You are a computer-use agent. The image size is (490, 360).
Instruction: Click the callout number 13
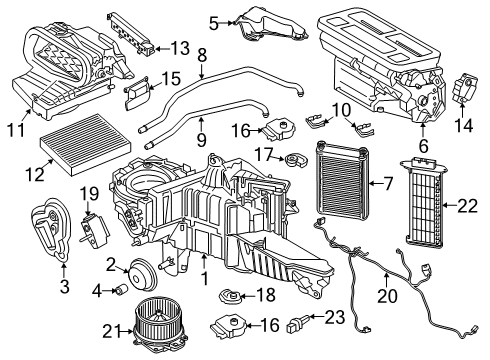[x=179, y=47]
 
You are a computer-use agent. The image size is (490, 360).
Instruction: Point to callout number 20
[x=387, y=295]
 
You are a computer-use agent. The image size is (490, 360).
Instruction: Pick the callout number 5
[x=213, y=20]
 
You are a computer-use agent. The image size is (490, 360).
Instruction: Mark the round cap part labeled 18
[x=232, y=297]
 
